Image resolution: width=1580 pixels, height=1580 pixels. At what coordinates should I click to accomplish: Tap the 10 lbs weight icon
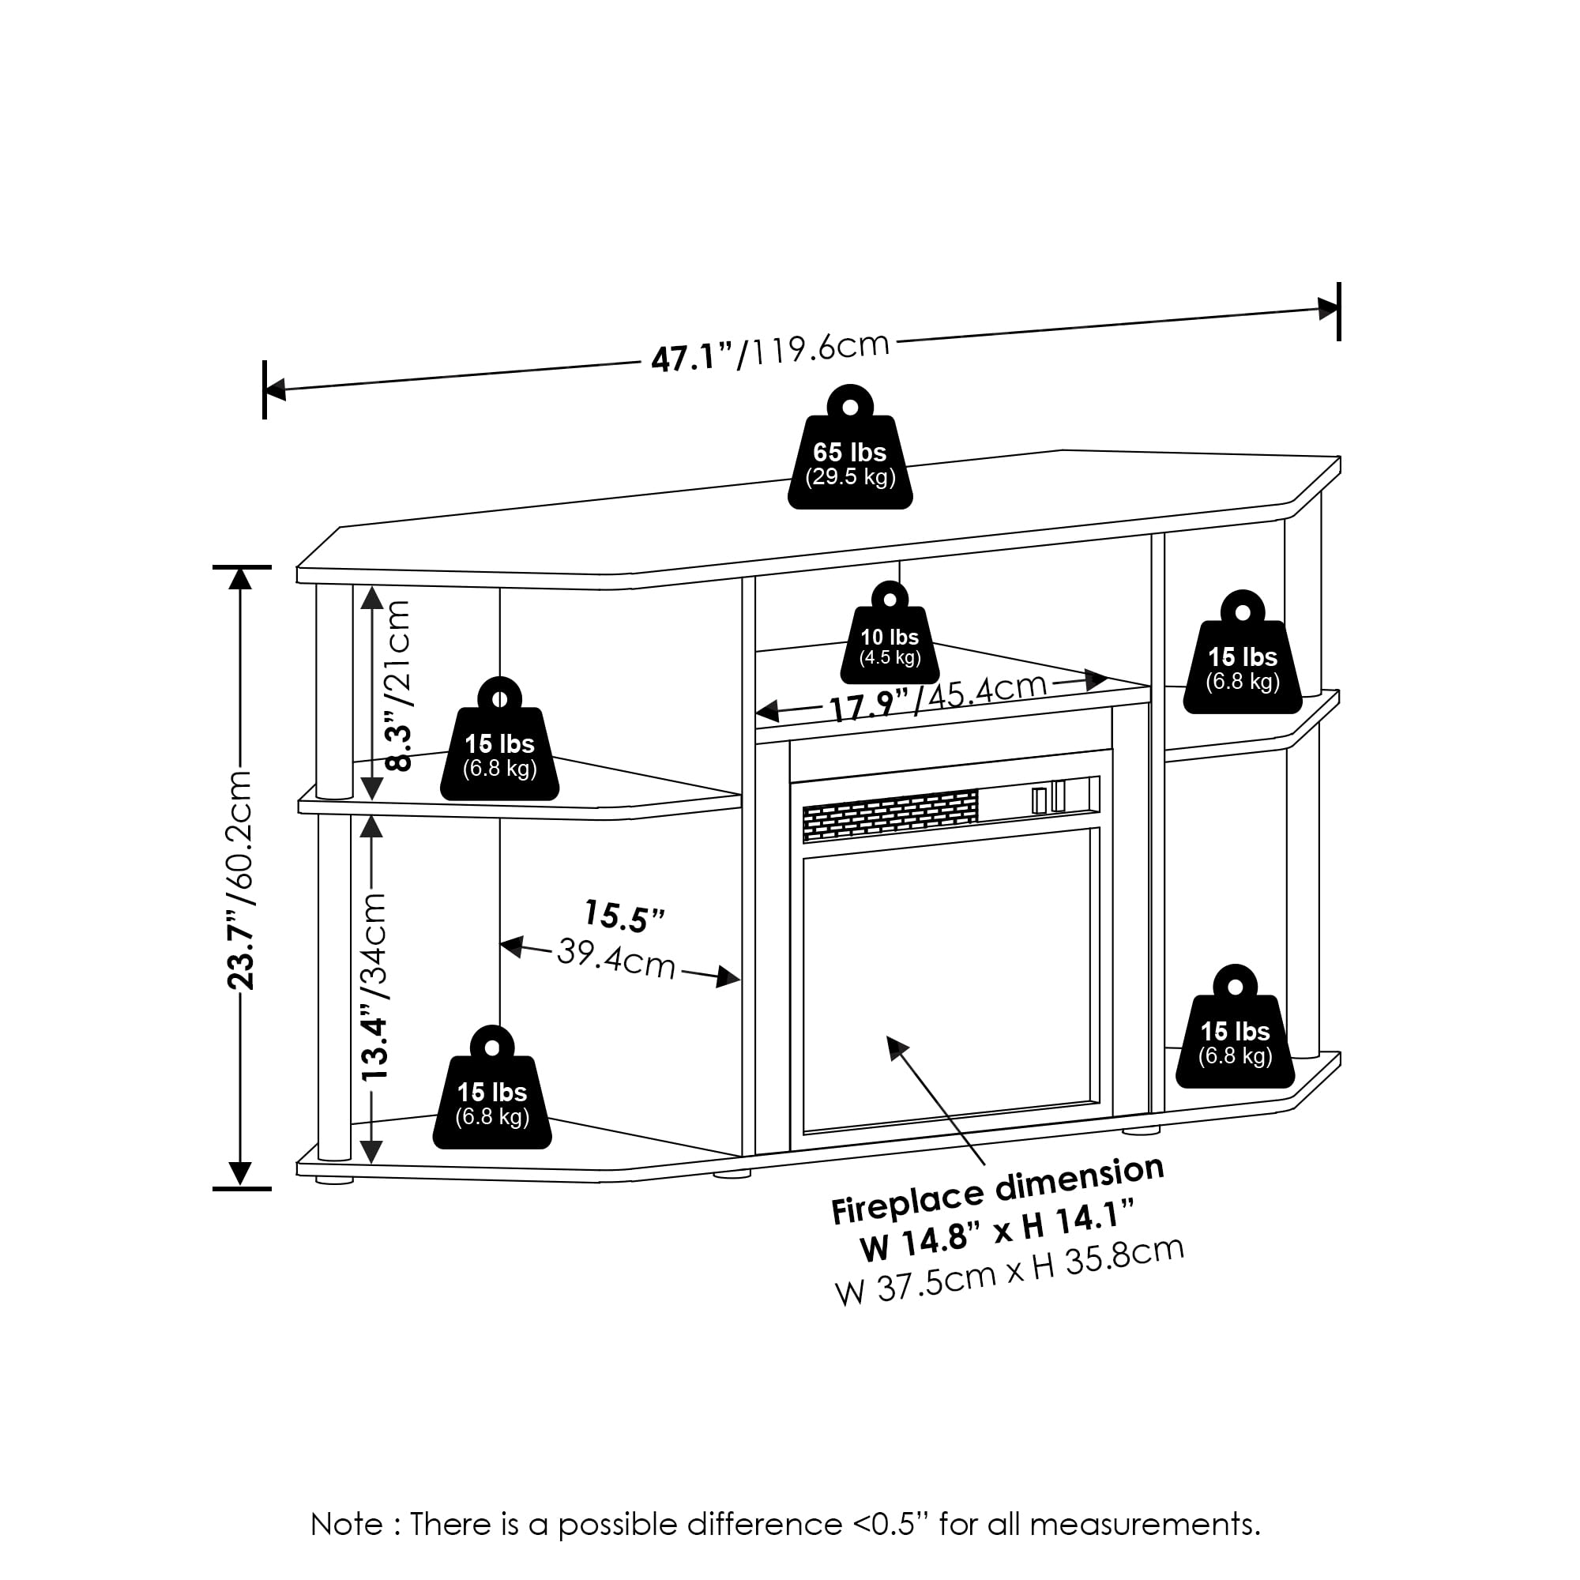pyautogui.click(x=889, y=638)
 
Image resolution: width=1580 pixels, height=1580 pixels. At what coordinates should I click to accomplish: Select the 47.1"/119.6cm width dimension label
pyautogui.click(x=769, y=353)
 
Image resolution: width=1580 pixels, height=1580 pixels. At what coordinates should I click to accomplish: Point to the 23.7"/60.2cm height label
pyautogui.click(x=241, y=879)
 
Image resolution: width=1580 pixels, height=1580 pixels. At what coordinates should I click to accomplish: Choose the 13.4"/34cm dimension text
pyautogui.click(x=374, y=986)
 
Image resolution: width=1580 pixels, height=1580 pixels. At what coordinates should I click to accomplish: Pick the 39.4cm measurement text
pyautogui.click(x=616, y=958)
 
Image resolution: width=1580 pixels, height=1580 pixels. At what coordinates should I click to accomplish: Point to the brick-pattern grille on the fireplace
pyautogui.click(x=890, y=814)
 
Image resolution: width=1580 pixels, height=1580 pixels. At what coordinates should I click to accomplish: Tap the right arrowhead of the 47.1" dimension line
pyautogui.click(x=1328, y=309)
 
